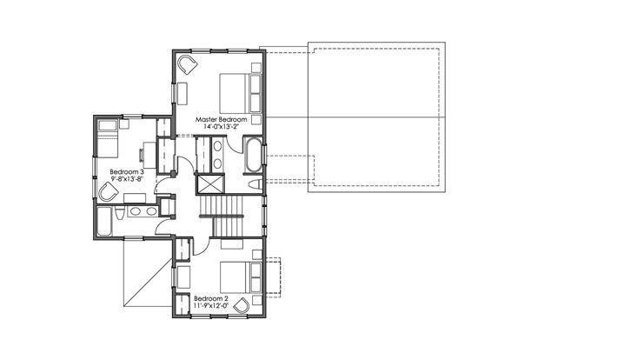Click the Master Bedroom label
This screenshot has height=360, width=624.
222,119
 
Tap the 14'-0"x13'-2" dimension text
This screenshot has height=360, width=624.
222,127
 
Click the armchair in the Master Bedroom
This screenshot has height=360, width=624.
187,64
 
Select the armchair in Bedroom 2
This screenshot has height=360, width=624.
242,305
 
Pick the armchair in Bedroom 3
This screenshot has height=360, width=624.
108,193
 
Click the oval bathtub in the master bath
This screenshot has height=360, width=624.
253,156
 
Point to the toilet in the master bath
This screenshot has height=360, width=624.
256,184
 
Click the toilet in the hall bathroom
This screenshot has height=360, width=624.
119,213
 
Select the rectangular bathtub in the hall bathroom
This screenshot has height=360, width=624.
105,222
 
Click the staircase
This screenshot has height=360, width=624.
221,216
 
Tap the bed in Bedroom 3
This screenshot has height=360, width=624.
107,138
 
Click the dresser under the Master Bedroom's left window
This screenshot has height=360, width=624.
183,94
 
